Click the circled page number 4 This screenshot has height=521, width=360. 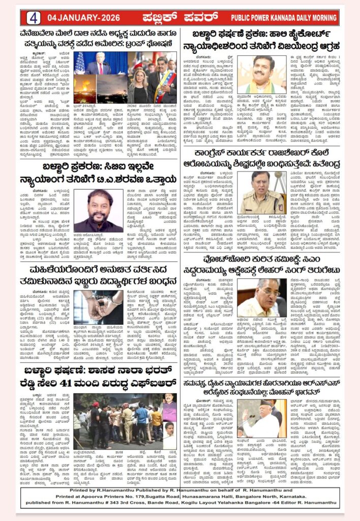pos(34,17)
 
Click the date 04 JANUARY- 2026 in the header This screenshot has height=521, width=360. pos(82,18)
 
